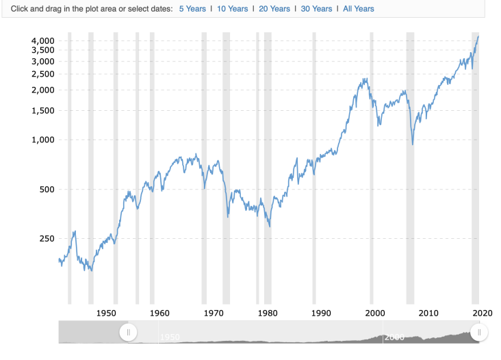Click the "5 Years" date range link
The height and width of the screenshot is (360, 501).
[192, 9]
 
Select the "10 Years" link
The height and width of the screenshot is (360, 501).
[232, 9]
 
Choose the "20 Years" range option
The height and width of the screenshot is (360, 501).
[274, 9]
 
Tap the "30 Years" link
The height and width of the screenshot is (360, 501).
[316, 9]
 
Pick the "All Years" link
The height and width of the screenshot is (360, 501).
[359, 9]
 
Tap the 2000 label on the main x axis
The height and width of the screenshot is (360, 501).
[374, 313]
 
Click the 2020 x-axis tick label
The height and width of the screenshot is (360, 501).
[482, 313]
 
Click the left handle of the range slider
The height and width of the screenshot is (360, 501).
[127, 333]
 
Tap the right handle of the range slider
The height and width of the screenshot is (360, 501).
[480, 333]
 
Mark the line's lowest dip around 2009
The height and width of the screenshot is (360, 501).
[413, 144]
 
